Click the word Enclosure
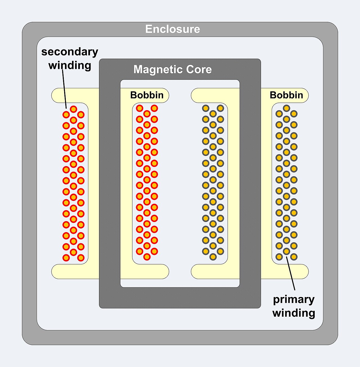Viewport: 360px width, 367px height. (x=173, y=29)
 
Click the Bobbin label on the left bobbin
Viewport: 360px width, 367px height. (x=147, y=95)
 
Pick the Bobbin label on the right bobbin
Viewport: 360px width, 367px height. (x=286, y=95)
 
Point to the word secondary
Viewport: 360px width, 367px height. (x=70, y=52)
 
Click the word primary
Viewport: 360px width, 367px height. (x=294, y=300)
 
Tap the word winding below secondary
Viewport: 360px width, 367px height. (x=70, y=65)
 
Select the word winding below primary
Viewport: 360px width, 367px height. (x=294, y=313)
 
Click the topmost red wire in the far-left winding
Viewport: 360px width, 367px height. (x=73, y=109)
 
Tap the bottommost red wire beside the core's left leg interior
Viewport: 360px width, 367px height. (x=147, y=257)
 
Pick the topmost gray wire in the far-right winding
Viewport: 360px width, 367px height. (x=286, y=108)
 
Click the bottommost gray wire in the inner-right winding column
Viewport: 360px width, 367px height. (x=213, y=257)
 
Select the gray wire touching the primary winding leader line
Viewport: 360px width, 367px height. (x=286, y=251)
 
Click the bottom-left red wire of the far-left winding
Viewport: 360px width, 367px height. (x=66, y=258)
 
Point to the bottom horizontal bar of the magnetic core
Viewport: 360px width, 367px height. (x=180, y=298)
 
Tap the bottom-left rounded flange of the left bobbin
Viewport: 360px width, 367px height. (x=75, y=271)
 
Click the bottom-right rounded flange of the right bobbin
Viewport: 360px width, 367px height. (x=285, y=271)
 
